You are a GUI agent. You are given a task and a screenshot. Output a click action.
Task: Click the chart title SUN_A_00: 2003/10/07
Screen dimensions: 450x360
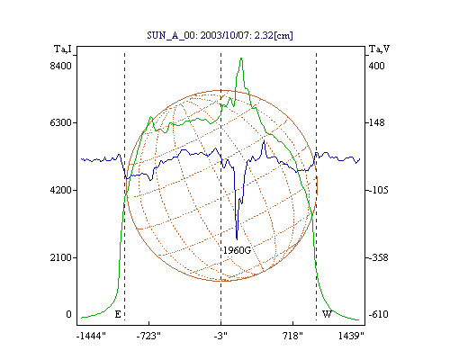[199, 35]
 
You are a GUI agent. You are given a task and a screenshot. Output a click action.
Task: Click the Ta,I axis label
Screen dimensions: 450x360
[63, 49]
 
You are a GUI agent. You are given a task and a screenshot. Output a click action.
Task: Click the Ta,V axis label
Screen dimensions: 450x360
[379, 49]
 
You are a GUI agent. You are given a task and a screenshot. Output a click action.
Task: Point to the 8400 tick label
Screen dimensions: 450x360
[61, 66]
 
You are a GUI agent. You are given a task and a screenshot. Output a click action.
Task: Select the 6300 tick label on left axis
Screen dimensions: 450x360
[61, 122]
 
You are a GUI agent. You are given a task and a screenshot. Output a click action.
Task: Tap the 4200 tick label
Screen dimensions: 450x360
[61, 190]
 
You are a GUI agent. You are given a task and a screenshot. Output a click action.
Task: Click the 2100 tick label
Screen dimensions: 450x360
[61, 257]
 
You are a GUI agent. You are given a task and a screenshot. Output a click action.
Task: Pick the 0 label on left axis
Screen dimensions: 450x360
[68, 314]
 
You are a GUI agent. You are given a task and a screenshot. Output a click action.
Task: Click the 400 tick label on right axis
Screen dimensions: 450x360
[376, 66]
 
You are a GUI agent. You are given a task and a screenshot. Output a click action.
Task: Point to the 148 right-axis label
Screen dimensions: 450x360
[376, 122]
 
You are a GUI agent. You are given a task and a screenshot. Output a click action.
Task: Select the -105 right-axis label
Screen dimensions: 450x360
[378, 190]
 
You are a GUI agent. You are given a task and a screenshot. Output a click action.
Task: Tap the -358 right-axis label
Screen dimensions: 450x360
[378, 257]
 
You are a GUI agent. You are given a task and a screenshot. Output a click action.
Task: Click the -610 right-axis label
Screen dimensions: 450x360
[378, 314]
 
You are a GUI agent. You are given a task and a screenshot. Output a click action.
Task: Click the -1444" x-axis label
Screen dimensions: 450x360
[91, 337]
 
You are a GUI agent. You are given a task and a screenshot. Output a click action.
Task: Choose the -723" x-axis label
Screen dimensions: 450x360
[148, 337]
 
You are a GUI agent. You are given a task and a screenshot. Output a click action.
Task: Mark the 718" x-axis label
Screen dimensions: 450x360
[292, 337]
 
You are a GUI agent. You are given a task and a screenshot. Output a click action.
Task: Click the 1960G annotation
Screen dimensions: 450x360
[237, 250]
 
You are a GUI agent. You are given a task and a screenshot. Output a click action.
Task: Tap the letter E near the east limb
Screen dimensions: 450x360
[118, 314]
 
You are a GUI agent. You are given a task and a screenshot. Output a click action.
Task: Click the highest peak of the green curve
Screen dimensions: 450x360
[241, 58]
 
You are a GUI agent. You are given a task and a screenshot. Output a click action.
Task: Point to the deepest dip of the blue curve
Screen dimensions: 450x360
[237, 239]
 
